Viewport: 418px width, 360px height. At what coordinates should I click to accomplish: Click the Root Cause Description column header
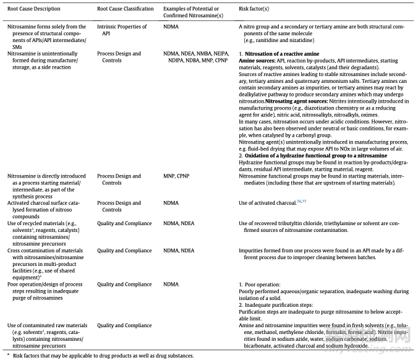pos(34,9)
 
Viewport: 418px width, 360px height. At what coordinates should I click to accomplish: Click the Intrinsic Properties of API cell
pos(121,30)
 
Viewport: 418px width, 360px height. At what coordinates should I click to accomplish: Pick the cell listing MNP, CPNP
pos(176,176)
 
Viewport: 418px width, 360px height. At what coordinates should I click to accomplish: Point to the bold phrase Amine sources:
pos(257,61)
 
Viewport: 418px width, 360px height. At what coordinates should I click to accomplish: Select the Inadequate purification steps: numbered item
pos(278,305)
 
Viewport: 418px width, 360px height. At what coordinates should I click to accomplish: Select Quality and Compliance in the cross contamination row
pos(124,251)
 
